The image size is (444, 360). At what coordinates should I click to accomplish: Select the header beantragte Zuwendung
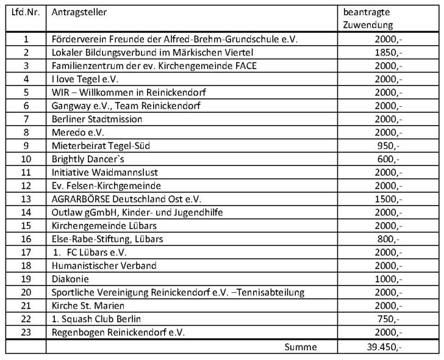(367, 19)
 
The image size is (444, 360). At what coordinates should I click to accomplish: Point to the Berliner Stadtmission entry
(97, 119)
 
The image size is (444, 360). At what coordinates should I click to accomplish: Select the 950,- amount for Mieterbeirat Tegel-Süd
(389, 146)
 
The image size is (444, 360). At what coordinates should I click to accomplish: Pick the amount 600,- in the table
(389, 159)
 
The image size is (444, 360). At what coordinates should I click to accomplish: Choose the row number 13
(26, 199)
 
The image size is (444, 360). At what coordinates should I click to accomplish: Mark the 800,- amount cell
(389, 239)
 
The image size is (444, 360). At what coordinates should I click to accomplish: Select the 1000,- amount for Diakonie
(387, 279)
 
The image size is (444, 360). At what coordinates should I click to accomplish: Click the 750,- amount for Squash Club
(389, 319)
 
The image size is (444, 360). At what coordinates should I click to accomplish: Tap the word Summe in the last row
(301, 347)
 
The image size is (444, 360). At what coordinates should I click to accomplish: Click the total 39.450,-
(383, 347)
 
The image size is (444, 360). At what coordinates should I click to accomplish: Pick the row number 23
(26, 333)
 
